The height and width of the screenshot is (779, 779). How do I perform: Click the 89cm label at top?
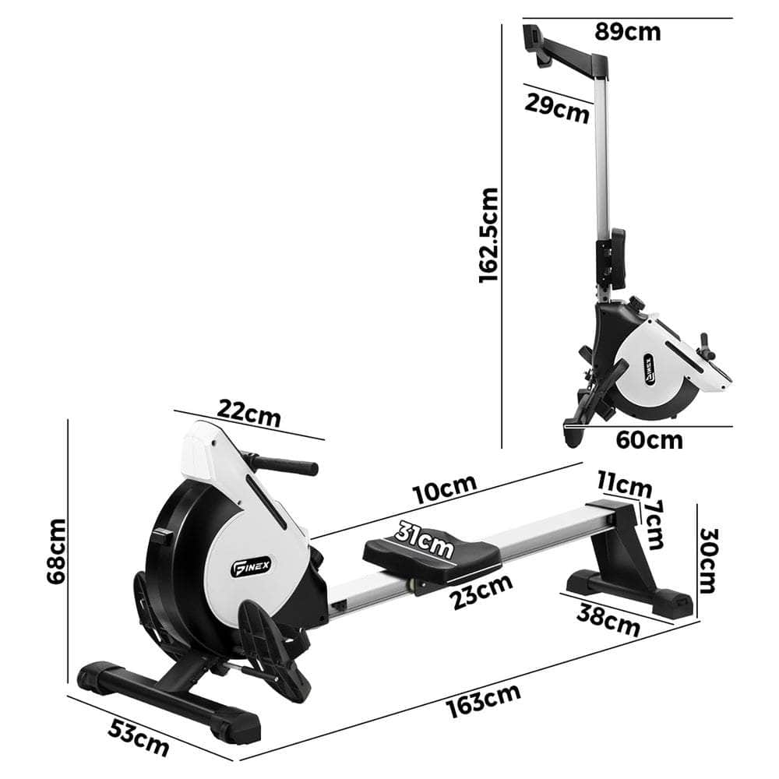point(627,32)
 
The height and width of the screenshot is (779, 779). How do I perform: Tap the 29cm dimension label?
point(556,108)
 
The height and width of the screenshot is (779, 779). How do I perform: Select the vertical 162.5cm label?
point(488,234)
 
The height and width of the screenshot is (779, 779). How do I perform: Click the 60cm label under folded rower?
point(649,439)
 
